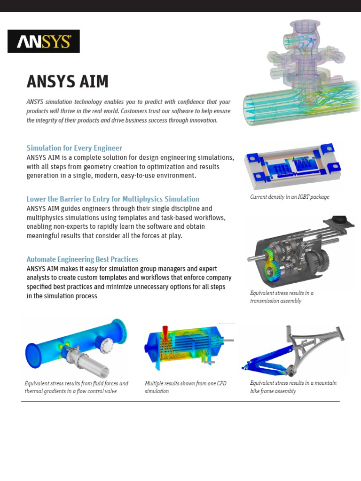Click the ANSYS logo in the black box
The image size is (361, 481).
[x=44, y=42]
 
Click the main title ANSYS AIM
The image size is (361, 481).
[x=68, y=82]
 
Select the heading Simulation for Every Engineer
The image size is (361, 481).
[x=74, y=148]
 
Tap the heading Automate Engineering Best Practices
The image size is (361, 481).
[x=82, y=259]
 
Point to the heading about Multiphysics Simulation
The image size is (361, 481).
[x=113, y=199]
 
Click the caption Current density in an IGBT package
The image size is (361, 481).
[x=290, y=197]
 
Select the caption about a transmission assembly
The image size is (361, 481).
[x=282, y=297]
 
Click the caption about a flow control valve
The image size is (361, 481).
[x=76, y=387]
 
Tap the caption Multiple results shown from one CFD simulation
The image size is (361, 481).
[x=185, y=387]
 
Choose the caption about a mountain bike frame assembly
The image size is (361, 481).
[x=293, y=387]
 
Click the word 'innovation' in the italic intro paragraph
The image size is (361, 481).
[x=203, y=120]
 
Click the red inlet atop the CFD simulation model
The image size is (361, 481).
[x=165, y=331]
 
